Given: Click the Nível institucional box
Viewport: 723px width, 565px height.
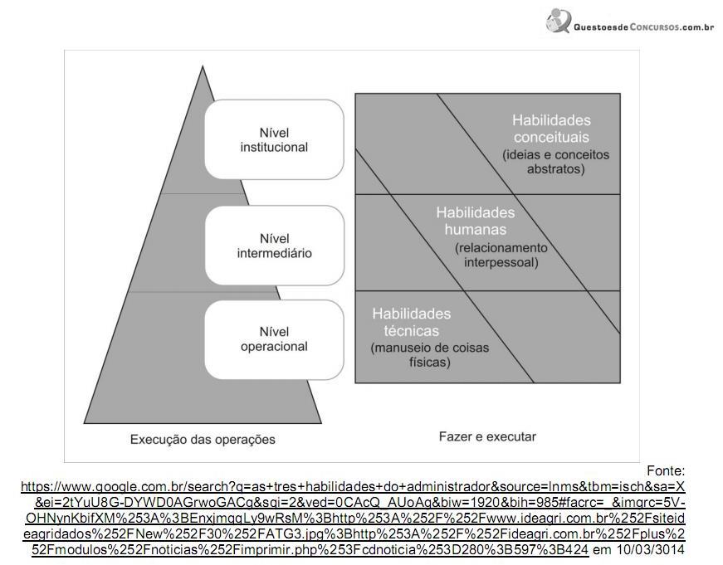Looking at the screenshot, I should click(274, 139).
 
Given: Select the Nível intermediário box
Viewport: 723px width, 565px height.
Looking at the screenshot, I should click(274, 246).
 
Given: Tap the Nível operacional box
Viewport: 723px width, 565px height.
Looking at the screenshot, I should click(274, 339).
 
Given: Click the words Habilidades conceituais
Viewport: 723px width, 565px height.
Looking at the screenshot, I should click(551, 128).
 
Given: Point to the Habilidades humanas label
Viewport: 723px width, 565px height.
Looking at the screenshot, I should click(475, 221).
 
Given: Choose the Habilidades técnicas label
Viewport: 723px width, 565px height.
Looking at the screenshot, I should click(411, 322).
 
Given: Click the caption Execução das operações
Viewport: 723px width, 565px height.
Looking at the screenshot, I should click(203, 439).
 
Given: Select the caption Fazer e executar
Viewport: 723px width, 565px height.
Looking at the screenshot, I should click(487, 436).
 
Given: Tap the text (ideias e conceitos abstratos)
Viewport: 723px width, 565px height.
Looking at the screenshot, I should click(555, 162).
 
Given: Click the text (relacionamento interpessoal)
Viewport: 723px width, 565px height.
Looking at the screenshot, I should click(501, 256).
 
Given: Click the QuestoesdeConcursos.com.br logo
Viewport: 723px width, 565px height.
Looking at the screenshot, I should click(631, 22).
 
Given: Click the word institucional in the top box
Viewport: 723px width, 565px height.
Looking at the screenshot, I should click(274, 148).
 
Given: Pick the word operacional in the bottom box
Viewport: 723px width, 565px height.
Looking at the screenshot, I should click(274, 347).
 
